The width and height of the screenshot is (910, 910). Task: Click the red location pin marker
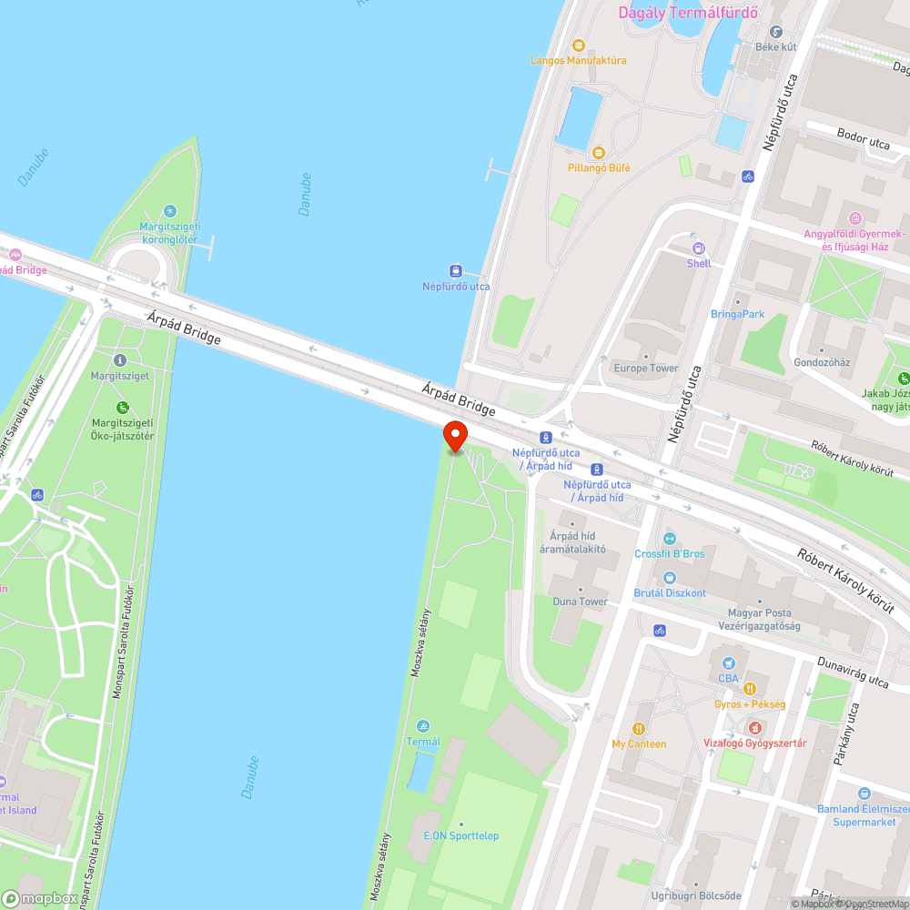[454, 436]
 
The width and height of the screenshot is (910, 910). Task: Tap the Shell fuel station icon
[699, 247]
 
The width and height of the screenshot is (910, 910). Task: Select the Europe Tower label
[645, 368]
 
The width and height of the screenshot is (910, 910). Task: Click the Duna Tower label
[580, 602]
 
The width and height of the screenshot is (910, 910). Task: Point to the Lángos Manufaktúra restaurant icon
[578, 45]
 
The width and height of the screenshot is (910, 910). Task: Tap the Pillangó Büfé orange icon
[598, 152]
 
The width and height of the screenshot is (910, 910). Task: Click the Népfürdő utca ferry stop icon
[456, 270]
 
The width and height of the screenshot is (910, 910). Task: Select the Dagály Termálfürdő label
[689, 13]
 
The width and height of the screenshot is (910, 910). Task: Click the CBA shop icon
[728, 663]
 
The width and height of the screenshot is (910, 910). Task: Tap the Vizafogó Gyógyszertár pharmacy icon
[754, 727]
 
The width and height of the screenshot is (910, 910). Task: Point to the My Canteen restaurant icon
[639, 728]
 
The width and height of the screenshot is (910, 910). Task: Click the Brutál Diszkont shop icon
[670, 577]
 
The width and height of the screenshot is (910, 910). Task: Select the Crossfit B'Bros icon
[670, 538]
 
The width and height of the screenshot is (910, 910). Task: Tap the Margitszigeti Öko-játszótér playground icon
[122, 408]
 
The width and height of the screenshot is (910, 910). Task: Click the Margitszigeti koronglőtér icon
[169, 211]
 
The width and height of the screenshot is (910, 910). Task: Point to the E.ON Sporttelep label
[460, 835]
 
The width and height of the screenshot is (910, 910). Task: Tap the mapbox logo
[40, 897]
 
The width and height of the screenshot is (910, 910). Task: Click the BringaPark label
[737, 314]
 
